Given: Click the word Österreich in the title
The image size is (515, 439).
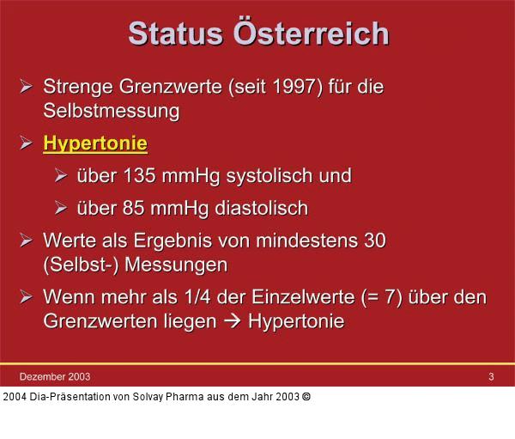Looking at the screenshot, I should tap(311, 34).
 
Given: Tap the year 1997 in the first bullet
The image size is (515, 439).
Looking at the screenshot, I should tap(294, 87).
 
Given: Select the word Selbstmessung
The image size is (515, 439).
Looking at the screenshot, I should tap(111, 110).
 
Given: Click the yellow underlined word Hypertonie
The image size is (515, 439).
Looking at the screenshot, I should tap(95, 143).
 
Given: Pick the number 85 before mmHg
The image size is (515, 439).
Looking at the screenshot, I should tap(136, 209).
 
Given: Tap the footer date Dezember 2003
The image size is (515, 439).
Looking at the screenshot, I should tap(55, 376).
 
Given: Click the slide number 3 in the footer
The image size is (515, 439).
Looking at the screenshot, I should tap(491, 376).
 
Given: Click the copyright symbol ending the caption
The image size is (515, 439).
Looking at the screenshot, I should tap(306, 396).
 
